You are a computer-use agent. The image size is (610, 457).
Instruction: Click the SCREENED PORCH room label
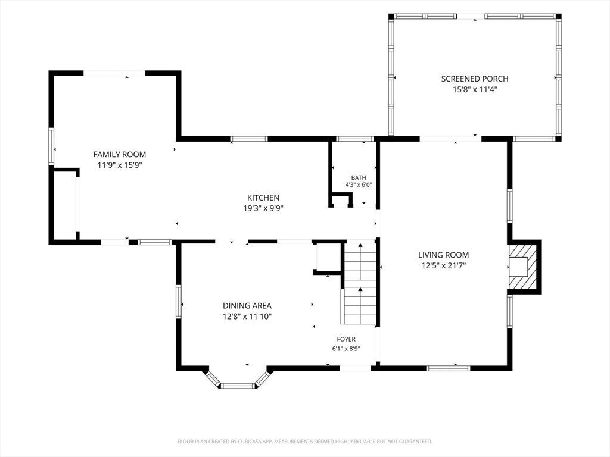(x=475, y=79)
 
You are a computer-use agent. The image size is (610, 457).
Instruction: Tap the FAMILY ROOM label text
(x=119, y=154)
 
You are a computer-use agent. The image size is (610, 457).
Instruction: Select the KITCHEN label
(x=263, y=198)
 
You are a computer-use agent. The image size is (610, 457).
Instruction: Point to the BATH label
(x=358, y=177)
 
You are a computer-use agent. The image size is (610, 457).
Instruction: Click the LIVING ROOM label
(x=443, y=255)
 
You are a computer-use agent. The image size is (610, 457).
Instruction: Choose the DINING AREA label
(x=247, y=306)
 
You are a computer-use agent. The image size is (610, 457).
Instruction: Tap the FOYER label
(x=346, y=339)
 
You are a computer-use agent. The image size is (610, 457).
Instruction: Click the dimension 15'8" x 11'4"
(x=475, y=89)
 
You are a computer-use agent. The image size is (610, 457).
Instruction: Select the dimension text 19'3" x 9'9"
(x=263, y=208)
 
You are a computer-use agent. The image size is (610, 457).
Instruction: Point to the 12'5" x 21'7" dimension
(x=444, y=266)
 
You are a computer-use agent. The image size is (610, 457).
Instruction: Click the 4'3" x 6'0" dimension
(x=359, y=185)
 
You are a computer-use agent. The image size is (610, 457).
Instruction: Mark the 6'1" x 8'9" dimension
(x=346, y=349)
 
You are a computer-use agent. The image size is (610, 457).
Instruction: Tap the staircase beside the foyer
(x=360, y=283)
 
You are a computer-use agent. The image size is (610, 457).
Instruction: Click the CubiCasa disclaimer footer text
(x=304, y=442)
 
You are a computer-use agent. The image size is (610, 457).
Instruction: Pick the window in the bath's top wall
(x=355, y=139)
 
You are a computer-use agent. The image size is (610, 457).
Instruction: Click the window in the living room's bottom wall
(x=448, y=368)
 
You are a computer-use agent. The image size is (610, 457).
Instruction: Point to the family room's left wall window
(x=51, y=146)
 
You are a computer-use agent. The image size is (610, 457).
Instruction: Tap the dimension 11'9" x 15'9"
(x=120, y=165)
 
